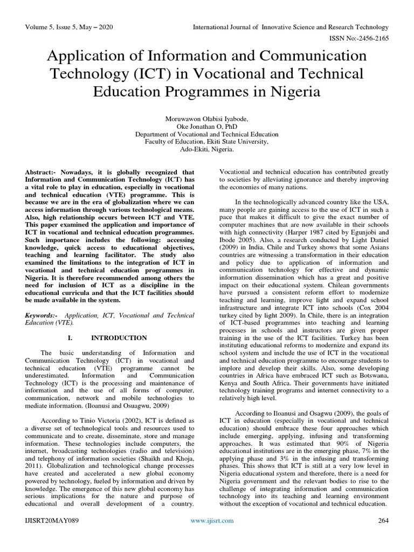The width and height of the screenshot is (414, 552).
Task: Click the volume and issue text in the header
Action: point(68,27)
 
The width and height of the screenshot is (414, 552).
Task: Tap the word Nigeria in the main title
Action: point(292,92)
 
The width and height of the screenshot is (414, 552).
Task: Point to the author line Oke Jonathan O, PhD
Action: point(208,126)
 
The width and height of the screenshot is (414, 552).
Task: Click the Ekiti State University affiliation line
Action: point(208,142)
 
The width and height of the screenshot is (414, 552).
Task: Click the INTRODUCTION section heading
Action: point(119,338)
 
